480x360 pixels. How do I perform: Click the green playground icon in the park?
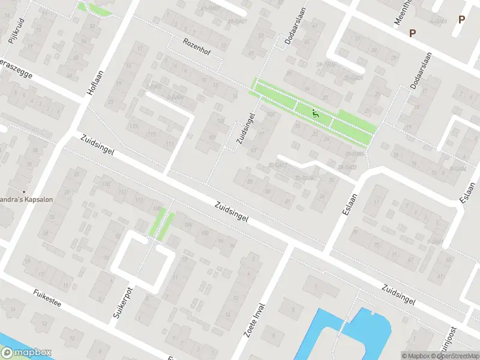click(x=314, y=112)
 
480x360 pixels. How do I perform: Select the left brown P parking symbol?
click(x=412, y=33)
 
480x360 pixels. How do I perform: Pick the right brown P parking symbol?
click(x=461, y=19)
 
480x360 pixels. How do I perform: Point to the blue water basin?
click(x=366, y=327)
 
